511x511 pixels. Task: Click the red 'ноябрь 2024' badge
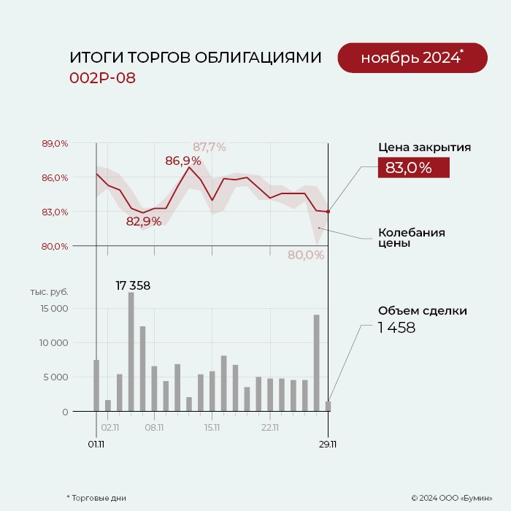[412, 58]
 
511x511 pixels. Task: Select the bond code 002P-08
[102, 78]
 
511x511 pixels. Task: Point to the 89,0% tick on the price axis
[55, 144]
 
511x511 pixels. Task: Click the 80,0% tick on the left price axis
[55, 246]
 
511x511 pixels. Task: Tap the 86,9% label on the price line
[182, 161]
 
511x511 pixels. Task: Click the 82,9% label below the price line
[144, 221]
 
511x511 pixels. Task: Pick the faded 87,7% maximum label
[209, 147]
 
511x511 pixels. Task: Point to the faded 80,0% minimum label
[305, 255]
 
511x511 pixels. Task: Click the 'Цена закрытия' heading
[424, 147]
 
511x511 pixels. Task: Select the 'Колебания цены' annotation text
[411, 238]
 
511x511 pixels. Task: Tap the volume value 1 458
[396, 328]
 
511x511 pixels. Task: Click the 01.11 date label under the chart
[96, 444]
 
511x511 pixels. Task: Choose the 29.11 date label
[328, 444]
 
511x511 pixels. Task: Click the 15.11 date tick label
[212, 427]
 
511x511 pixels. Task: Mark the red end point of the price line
[328, 212]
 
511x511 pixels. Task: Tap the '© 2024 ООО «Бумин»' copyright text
[451, 498]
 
